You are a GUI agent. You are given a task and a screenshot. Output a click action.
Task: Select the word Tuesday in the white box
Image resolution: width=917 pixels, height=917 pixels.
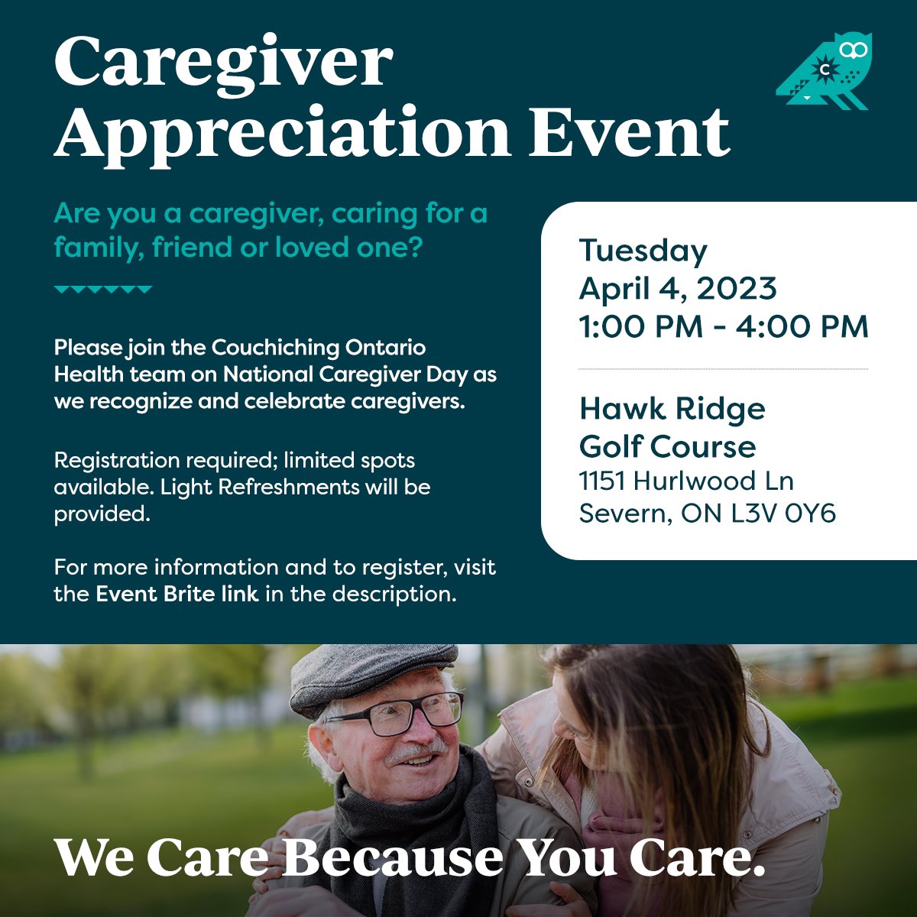point(643,251)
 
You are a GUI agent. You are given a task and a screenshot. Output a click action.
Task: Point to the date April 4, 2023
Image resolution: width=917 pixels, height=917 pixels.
point(677,288)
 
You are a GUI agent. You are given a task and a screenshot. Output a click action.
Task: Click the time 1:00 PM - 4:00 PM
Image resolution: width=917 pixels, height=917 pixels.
point(723,326)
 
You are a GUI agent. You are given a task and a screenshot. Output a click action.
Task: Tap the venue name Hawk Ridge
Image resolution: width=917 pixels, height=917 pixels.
point(672,408)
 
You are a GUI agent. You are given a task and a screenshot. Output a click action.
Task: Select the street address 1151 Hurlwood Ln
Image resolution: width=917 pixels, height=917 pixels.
point(685,481)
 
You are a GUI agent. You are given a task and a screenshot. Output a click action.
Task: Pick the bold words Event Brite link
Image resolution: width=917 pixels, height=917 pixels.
point(177,594)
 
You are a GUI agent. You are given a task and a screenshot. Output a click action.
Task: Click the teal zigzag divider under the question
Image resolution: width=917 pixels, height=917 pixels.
point(103,290)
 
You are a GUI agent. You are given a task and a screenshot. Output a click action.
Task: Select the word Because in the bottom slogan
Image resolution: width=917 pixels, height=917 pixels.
point(393,857)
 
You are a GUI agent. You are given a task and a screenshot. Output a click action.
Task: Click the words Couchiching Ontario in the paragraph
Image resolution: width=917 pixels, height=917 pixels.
point(318,348)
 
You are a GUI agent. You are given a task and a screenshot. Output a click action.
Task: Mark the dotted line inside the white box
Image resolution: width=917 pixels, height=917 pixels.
point(723,369)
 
